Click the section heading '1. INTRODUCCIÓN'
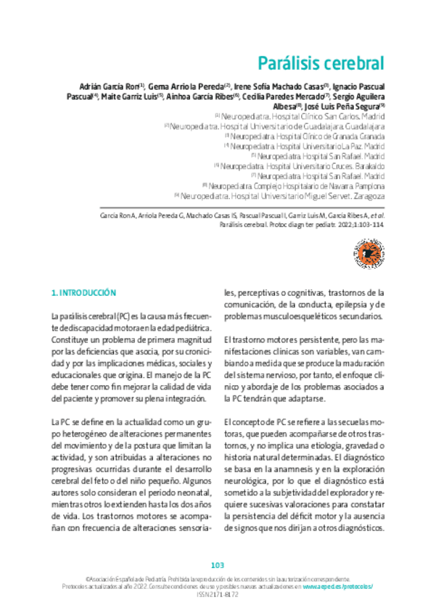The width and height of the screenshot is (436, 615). pos(83,293)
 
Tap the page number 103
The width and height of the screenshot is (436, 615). pos(218,565)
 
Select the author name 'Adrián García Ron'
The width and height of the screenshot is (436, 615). pos(108,86)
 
